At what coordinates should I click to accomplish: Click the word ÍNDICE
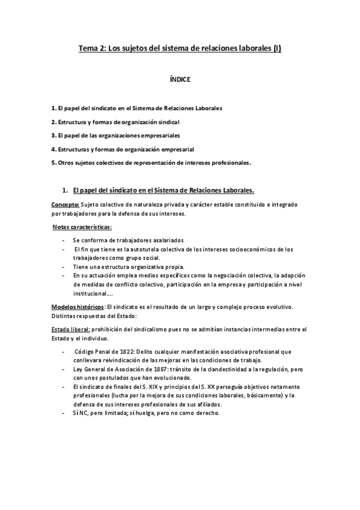tap(180, 78)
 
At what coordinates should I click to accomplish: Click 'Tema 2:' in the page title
tap(91, 50)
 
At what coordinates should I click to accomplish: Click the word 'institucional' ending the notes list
tap(88, 293)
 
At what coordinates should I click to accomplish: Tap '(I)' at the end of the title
tap(275, 50)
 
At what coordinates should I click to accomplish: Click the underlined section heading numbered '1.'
tap(162, 191)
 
